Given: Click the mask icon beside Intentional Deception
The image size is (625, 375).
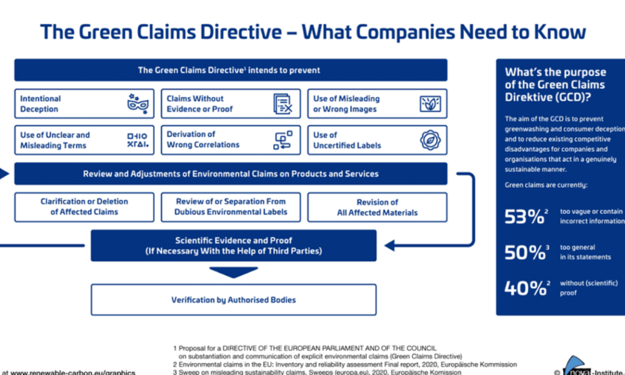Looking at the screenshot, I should (137, 104).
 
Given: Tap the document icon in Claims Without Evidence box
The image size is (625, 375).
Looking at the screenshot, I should (283, 104).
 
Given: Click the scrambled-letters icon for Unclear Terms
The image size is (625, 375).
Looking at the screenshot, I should (137, 140).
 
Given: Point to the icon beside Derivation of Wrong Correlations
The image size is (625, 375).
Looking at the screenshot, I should (282, 140).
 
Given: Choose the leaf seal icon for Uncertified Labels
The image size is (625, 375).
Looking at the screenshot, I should (429, 140).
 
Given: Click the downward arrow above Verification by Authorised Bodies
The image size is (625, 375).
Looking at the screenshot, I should (233, 272).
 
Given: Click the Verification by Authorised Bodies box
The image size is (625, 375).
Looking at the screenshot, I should (233, 300).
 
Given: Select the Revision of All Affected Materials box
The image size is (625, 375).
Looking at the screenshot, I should (377, 207).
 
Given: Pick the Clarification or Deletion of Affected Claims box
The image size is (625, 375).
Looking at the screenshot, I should (84, 207).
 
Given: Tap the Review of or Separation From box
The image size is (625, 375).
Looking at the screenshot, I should (231, 207).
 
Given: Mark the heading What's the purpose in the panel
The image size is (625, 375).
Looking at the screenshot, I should (551, 72).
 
